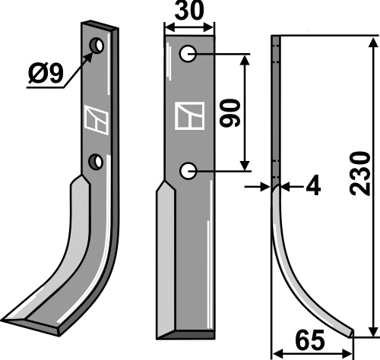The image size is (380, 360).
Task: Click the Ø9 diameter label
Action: click(x=46, y=74)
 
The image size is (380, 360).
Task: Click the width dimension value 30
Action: click(x=189, y=11)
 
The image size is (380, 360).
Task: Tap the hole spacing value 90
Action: click(x=230, y=113)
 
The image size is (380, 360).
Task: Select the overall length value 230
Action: click(x=360, y=173)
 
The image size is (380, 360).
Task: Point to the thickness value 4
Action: click(x=313, y=187)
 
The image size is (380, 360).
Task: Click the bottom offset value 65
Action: click(x=310, y=339)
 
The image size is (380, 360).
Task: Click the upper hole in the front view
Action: click(x=188, y=53)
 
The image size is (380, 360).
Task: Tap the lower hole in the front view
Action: click(x=188, y=171)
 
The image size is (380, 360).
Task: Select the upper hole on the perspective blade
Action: click(x=97, y=46)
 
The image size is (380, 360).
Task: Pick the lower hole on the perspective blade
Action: click(x=96, y=162)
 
